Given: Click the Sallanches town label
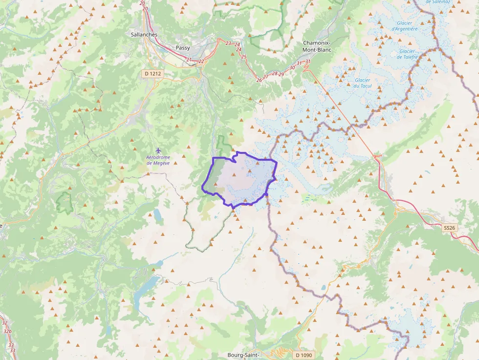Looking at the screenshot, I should [x=144, y=35].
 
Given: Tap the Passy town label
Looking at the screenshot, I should [x=183, y=48].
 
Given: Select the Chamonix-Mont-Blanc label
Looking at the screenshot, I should [x=317, y=46].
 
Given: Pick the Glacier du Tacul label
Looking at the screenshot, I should [x=362, y=83].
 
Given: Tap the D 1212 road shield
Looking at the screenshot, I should [x=152, y=74].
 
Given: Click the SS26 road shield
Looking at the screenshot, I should [x=450, y=228].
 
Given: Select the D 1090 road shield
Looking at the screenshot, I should [x=304, y=355].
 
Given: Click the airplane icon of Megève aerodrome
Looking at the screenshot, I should [x=158, y=150].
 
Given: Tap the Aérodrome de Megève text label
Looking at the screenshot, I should [x=158, y=160].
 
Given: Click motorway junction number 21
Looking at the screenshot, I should [x=189, y=60].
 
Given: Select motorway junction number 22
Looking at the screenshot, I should [x=201, y=62].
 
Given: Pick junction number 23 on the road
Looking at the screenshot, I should [x=228, y=43].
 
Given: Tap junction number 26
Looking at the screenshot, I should [x=259, y=80].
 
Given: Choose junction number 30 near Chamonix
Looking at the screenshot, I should [x=292, y=67].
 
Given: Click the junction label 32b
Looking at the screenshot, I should [x=7, y=331].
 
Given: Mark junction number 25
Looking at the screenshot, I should [x=244, y=57].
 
